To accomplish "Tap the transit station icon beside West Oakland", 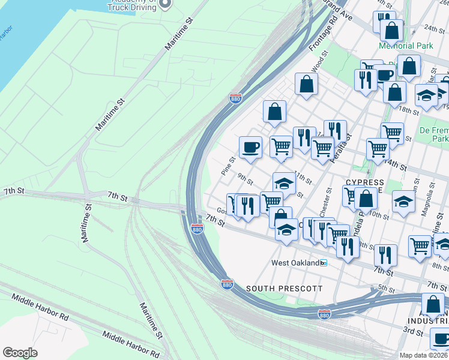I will pos(323,263).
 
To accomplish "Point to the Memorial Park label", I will pos(405,46).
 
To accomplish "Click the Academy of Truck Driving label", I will pos(132,5).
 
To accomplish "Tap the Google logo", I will pos(20,353).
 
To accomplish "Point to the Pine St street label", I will pos(228,166).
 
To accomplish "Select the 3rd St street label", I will pos(413,331).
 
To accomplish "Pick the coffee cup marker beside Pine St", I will pos(250,146).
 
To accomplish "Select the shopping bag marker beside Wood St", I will pos(307,85).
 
